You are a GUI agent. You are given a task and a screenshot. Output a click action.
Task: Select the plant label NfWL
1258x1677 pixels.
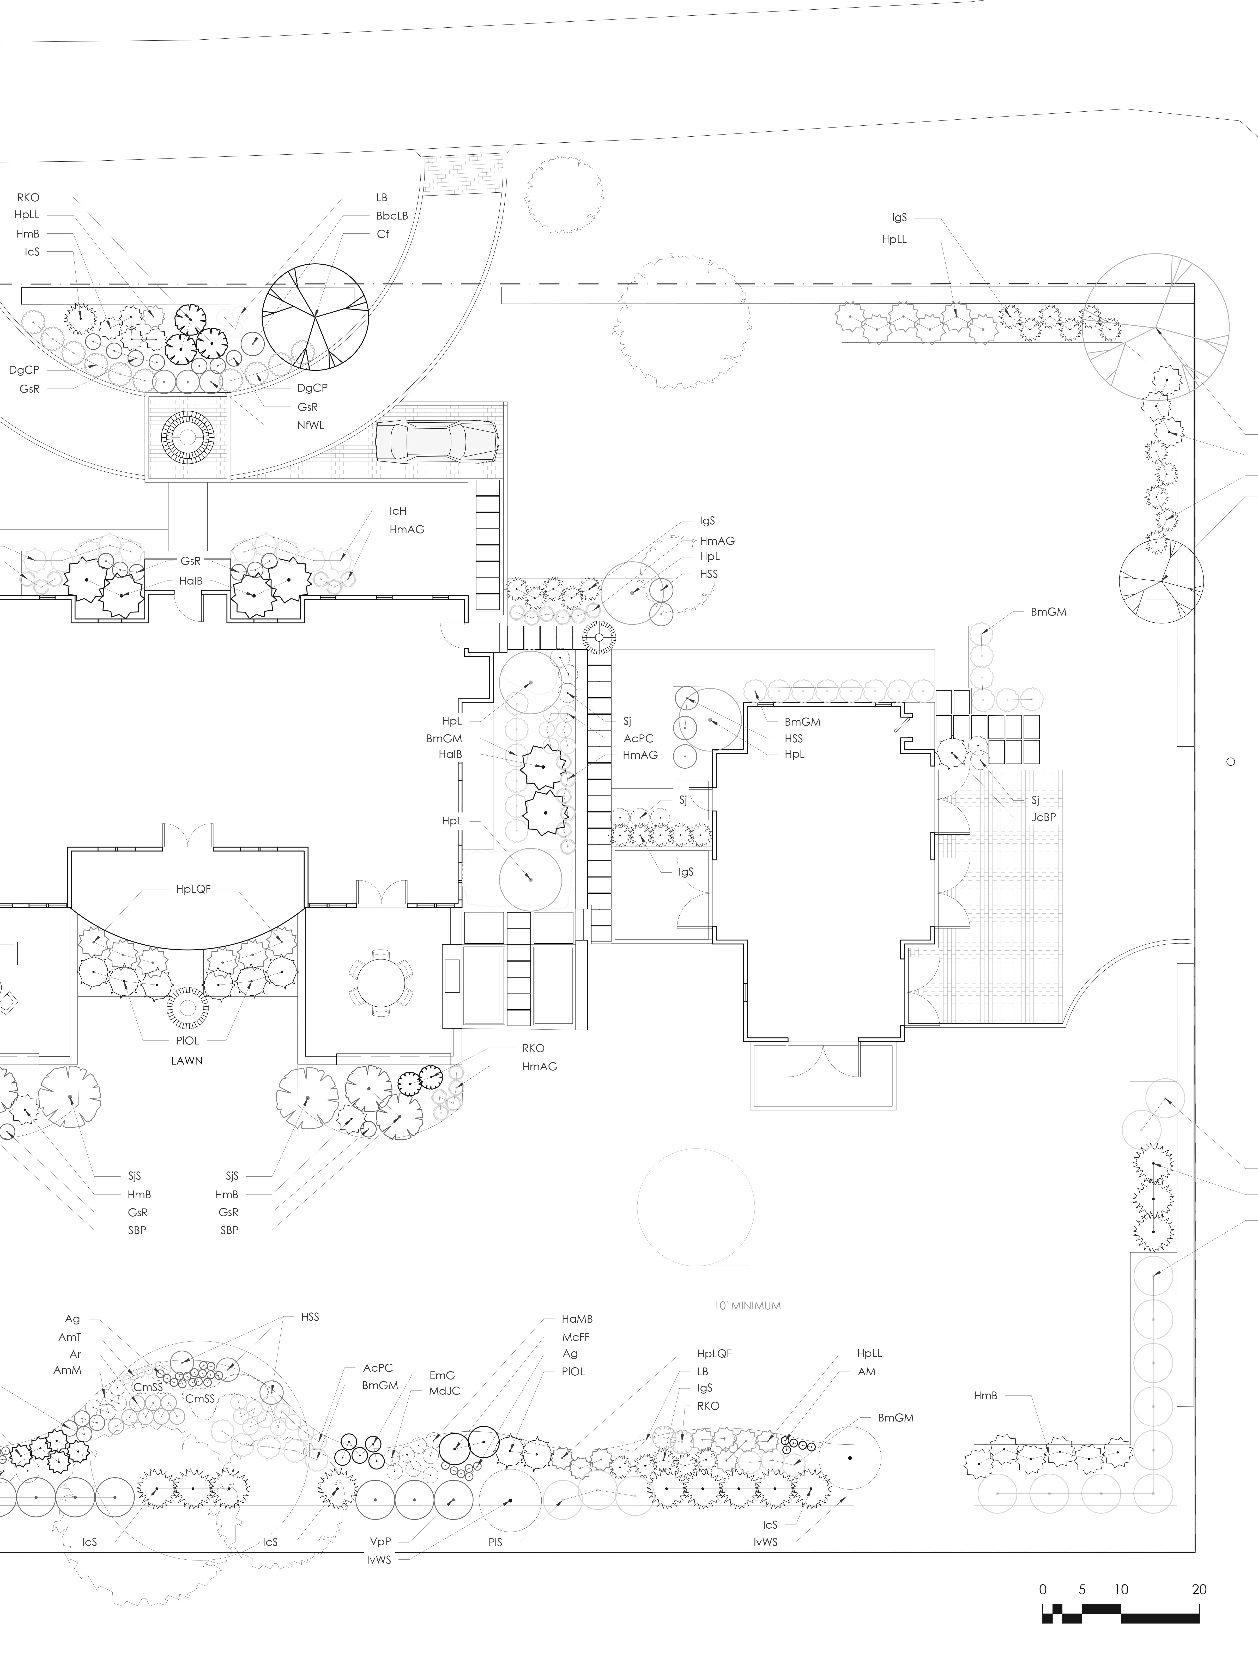tap(311, 425)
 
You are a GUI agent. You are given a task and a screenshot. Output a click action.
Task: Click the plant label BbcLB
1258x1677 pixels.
tap(392, 216)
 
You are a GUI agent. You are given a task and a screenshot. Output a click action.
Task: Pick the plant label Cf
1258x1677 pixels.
tap(383, 234)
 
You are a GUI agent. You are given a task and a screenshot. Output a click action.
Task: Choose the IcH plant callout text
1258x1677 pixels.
tap(398, 512)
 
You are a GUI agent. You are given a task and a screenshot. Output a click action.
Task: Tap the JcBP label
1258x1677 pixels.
tap(1043, 818)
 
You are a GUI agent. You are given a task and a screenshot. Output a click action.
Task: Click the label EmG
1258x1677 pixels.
tap(442, 1375)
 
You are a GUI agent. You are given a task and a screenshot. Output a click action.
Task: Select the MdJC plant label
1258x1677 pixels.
tap(444, 1391)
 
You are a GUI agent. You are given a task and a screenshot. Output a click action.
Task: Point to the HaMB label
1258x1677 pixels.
tap(577, 1319)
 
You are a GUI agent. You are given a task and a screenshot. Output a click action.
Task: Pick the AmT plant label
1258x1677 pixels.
tap(70, 1337)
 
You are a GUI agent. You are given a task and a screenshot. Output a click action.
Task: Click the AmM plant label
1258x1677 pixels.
tap(68, 1371)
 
